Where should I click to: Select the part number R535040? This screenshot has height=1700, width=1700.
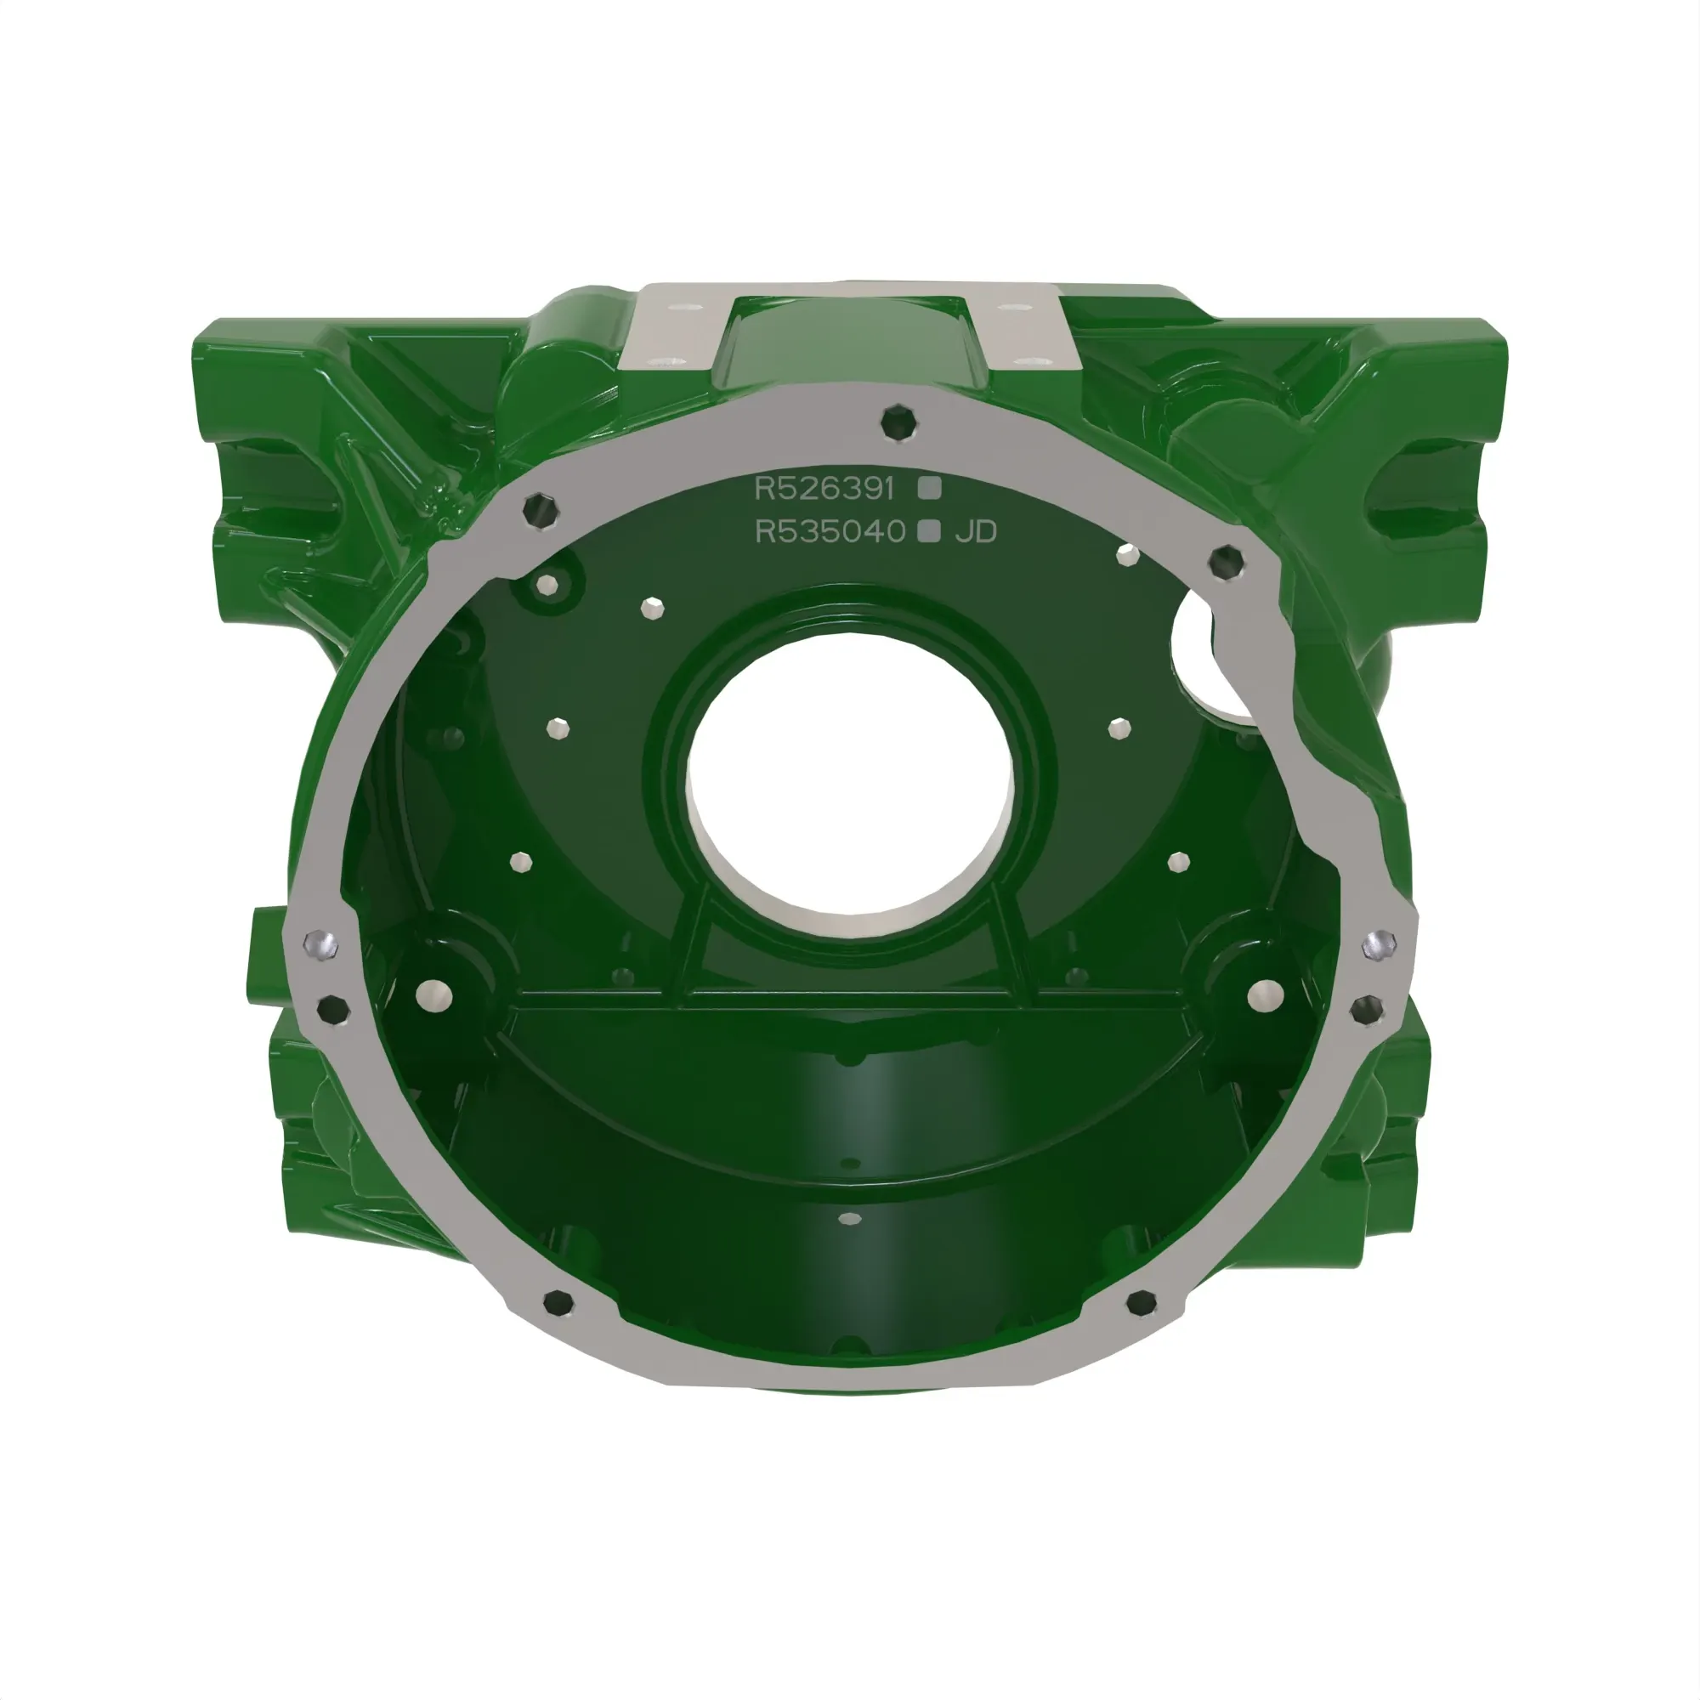830,531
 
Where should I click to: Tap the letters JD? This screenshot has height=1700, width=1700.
976,531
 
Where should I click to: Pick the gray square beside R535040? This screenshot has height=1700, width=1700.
929,531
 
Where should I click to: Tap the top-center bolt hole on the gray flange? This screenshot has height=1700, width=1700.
898,422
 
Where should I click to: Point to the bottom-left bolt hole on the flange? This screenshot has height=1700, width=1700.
558,1302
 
